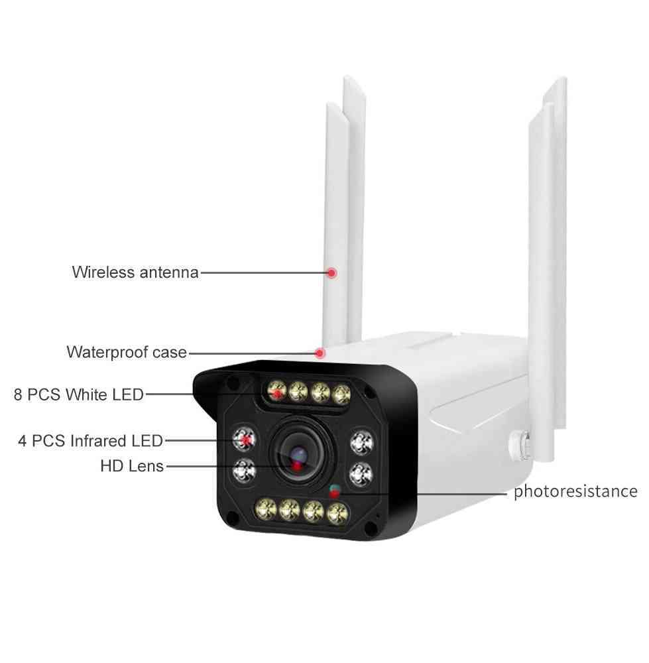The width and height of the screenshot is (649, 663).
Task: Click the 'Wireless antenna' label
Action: (x=135, y=272)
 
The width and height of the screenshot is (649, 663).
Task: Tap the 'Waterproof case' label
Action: (x=127, y=352)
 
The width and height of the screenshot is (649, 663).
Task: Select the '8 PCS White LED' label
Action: (x=79, y=394)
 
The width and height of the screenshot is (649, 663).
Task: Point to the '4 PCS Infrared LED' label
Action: (x=90, y=441)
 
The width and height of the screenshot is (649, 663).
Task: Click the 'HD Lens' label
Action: (x=132, y=466)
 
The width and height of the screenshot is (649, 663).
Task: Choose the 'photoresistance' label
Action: (x=575, y=491)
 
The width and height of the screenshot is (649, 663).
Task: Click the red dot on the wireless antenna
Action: (x=332, y=272)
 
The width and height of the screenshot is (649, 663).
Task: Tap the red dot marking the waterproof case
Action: (x=320, y=353)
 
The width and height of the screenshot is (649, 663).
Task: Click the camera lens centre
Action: (x=298, y=457)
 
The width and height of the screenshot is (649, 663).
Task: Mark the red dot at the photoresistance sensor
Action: (x=335, y=493)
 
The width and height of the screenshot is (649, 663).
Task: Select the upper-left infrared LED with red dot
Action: (x=245, y=439)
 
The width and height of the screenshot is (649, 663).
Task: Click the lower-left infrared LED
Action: (x=245, y=471)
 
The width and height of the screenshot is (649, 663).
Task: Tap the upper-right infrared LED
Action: (x=362, y=442)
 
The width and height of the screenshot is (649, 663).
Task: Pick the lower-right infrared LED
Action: (x=361, y=474)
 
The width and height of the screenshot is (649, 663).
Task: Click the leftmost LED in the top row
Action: (x=276, y=391)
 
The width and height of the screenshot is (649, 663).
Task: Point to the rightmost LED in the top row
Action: (x=341, y=394)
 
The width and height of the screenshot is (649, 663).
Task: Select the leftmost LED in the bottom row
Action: (x=266, y=509)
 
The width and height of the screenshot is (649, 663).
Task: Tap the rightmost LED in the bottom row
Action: (x=338, y=514)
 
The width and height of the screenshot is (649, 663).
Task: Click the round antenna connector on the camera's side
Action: (x=520, y=446)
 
